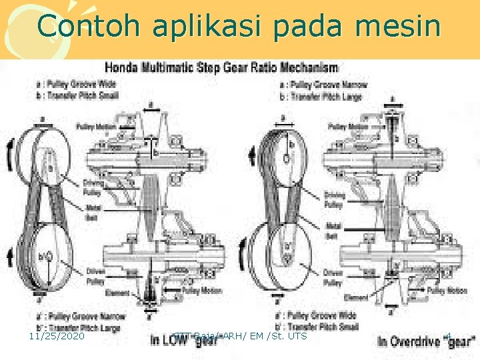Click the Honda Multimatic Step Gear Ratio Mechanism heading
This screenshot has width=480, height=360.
pos(221,67)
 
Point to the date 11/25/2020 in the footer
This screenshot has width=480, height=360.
pos(57,337)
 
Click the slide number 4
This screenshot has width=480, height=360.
pos(448,336)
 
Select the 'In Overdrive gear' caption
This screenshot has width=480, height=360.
pos(425,341)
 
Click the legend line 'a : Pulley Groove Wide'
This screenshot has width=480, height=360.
pos(77,85)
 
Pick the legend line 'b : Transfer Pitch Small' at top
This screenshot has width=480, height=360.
pos(79,95)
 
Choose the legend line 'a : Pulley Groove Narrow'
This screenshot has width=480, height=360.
pos(325,85)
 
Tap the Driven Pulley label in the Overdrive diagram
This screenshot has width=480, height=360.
pos(333,277)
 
